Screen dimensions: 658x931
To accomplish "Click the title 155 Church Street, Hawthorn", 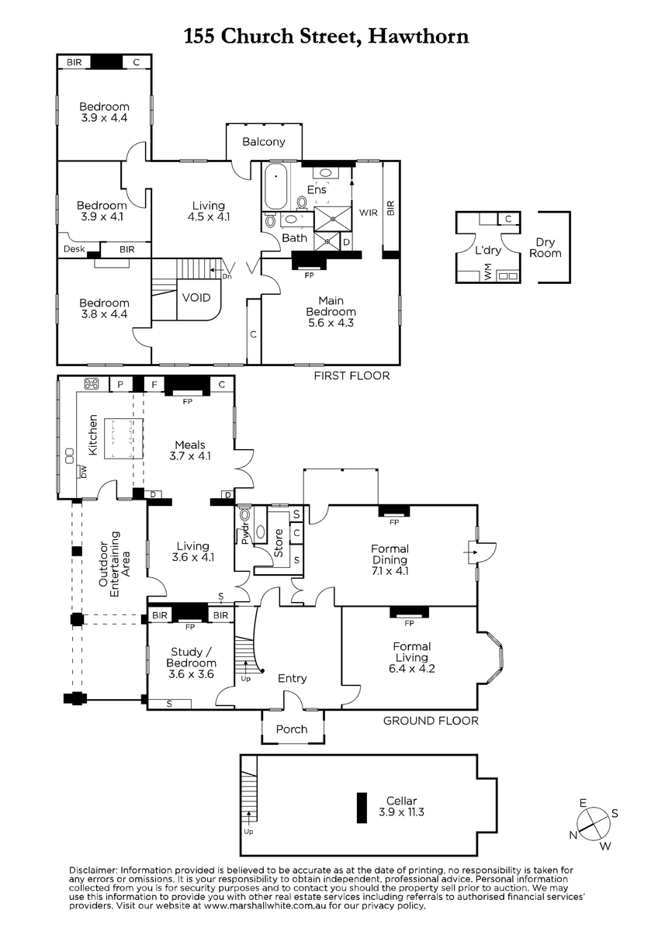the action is [x=327, y=36].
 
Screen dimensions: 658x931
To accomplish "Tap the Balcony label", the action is [x=264, y=142].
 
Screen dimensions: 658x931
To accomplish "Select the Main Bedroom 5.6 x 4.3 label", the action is [x=331, y=312].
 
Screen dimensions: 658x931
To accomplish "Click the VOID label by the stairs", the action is [x=196, y=298].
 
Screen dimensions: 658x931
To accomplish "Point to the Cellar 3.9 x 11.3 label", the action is [x=401, y=806].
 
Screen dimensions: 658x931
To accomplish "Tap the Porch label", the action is [x=292, y=729].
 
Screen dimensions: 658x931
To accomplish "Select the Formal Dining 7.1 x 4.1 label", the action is [x=390, y=559].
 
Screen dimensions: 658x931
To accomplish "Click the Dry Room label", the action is [x=545, y=247].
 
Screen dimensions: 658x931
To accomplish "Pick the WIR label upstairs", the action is [x=369, y=213].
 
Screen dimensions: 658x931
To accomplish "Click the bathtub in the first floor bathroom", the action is [x=275, y=187].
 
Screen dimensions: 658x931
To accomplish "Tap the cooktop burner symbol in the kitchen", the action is [x=92, y=383].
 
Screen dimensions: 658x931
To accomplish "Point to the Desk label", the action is [x=74, y=249].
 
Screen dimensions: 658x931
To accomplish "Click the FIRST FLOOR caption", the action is [x=352, y=376].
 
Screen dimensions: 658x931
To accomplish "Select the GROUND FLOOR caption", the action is [x=431, y=721].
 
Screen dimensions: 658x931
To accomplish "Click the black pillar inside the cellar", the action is [x=362, y=808].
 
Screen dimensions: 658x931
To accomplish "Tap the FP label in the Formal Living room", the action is [x=409, y=624].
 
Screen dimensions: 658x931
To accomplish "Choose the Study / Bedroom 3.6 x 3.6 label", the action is [x=191, y=663].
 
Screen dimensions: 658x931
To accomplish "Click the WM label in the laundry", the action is [x=488, y=272].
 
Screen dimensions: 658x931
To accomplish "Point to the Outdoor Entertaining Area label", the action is [x=114, y=564].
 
